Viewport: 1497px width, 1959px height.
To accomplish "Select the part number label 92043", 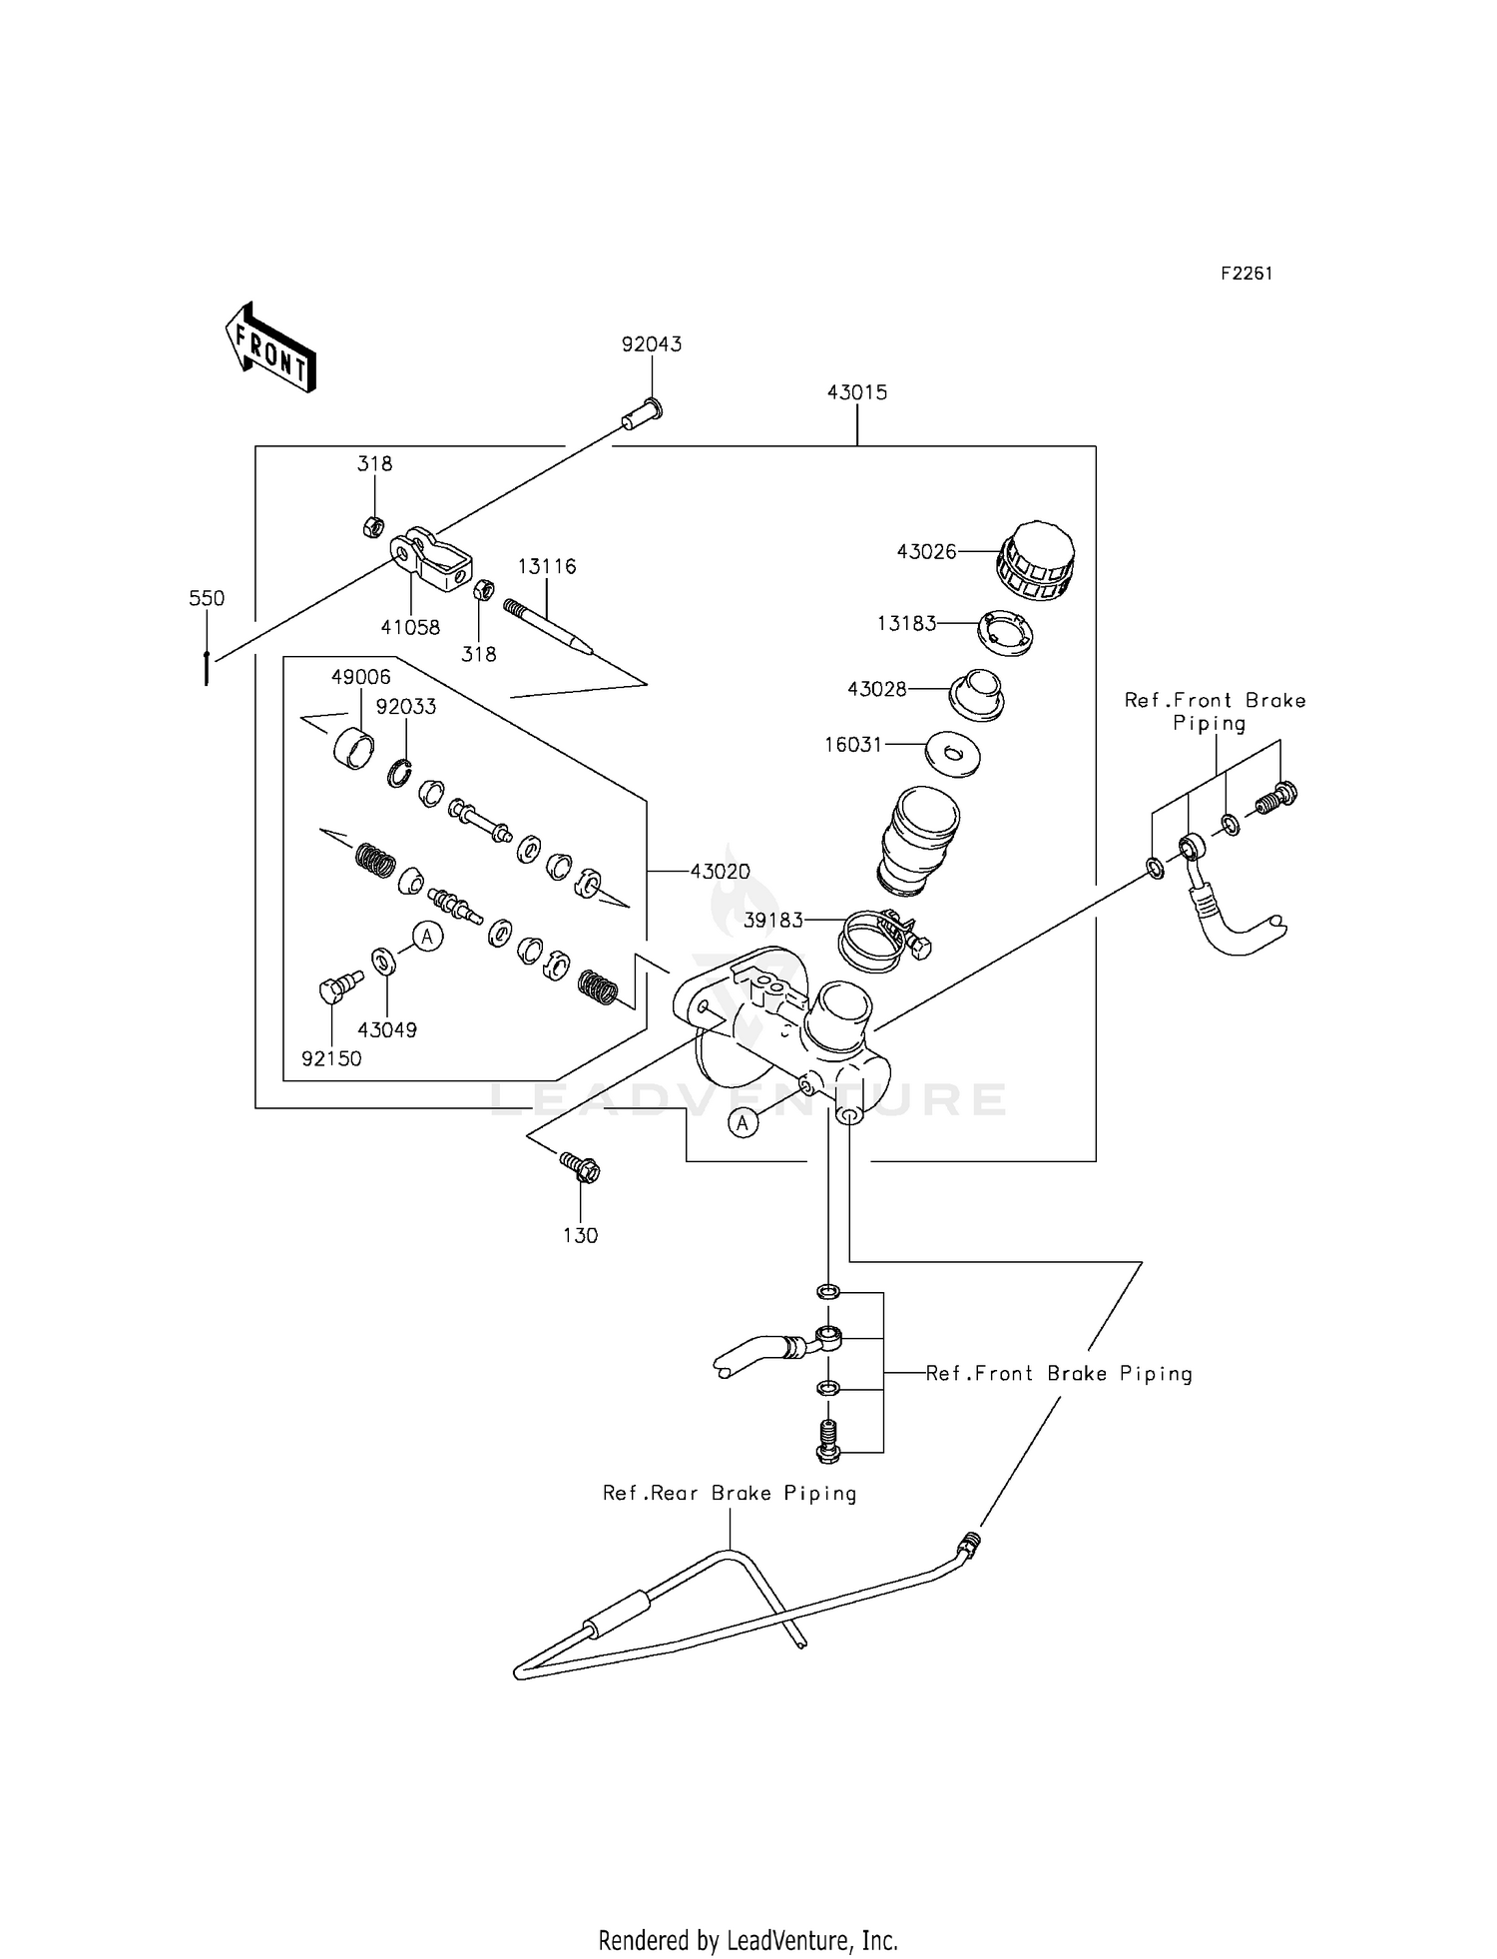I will [651, 344].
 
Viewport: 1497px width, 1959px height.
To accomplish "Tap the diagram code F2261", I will [1246, 274].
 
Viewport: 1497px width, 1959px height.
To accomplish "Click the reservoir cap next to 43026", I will [1036, 561].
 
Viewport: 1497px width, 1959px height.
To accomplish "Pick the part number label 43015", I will [856, 392].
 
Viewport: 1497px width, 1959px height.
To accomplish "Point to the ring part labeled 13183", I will [1004, 632].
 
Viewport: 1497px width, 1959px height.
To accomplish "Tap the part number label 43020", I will [720, 872].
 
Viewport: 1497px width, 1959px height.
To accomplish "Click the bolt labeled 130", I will [580, 1166].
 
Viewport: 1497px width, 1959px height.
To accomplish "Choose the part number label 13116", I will [546, 567].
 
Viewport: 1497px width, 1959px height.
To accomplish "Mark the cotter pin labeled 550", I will [207, 667].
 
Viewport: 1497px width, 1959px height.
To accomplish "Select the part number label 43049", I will [386, 1029].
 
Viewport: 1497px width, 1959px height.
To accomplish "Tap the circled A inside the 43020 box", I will [427, 937].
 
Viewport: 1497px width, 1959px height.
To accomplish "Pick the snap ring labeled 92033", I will [400, 773].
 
